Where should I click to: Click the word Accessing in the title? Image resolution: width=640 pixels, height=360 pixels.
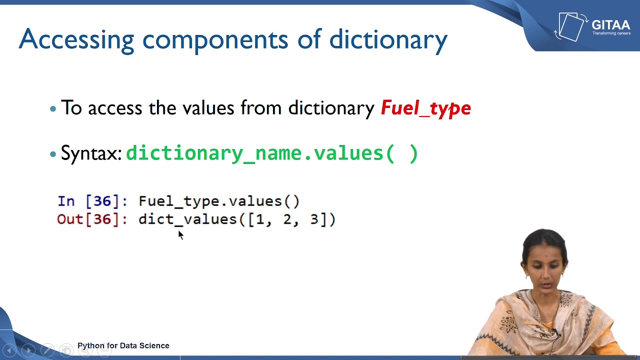[x=76, y=39]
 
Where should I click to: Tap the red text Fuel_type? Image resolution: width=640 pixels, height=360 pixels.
[x=425, y=108]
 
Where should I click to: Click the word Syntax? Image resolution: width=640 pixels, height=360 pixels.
[x=90, y=153]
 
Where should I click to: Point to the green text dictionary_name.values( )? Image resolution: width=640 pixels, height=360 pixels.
[x=272, y=153]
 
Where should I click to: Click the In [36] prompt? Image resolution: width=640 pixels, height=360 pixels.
[x=92, y=201]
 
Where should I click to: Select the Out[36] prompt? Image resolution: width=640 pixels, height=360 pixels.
[x=92, y=219]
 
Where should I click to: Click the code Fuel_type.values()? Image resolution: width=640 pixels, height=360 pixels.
[x=219, y=201]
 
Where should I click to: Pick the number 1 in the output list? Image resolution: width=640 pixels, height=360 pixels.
[x=259, y=219]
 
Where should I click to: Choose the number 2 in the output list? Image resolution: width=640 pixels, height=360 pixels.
[x=287, y=219]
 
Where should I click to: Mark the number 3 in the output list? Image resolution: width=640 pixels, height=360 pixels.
[x=314, y=219]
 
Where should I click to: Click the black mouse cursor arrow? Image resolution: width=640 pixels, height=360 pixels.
[x=180, y=235]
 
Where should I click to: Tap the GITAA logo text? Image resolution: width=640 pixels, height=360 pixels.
[x=610, y=25]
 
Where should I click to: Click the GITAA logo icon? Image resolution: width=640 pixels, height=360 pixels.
[x=571, y=26]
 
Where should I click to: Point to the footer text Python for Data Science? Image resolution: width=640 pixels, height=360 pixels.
[x=123, y=345]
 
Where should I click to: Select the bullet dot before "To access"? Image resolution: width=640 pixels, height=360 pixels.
[x=53, y=108]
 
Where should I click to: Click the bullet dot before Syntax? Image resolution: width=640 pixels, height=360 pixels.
[x=53, y=154]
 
